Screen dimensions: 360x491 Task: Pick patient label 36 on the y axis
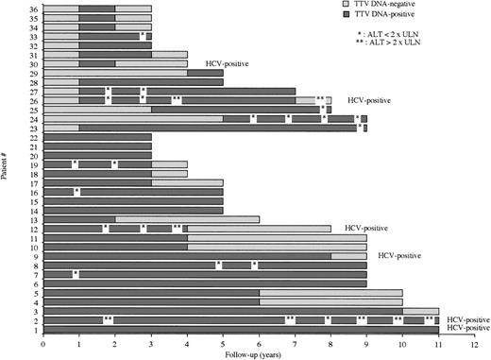click(x=33, y=9)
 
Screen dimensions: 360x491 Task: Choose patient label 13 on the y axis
click(x=33, y=218)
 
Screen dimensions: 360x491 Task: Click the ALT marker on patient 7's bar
click(x=76, y=274)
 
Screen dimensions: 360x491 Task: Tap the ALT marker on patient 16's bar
click(x=76, y=192)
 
